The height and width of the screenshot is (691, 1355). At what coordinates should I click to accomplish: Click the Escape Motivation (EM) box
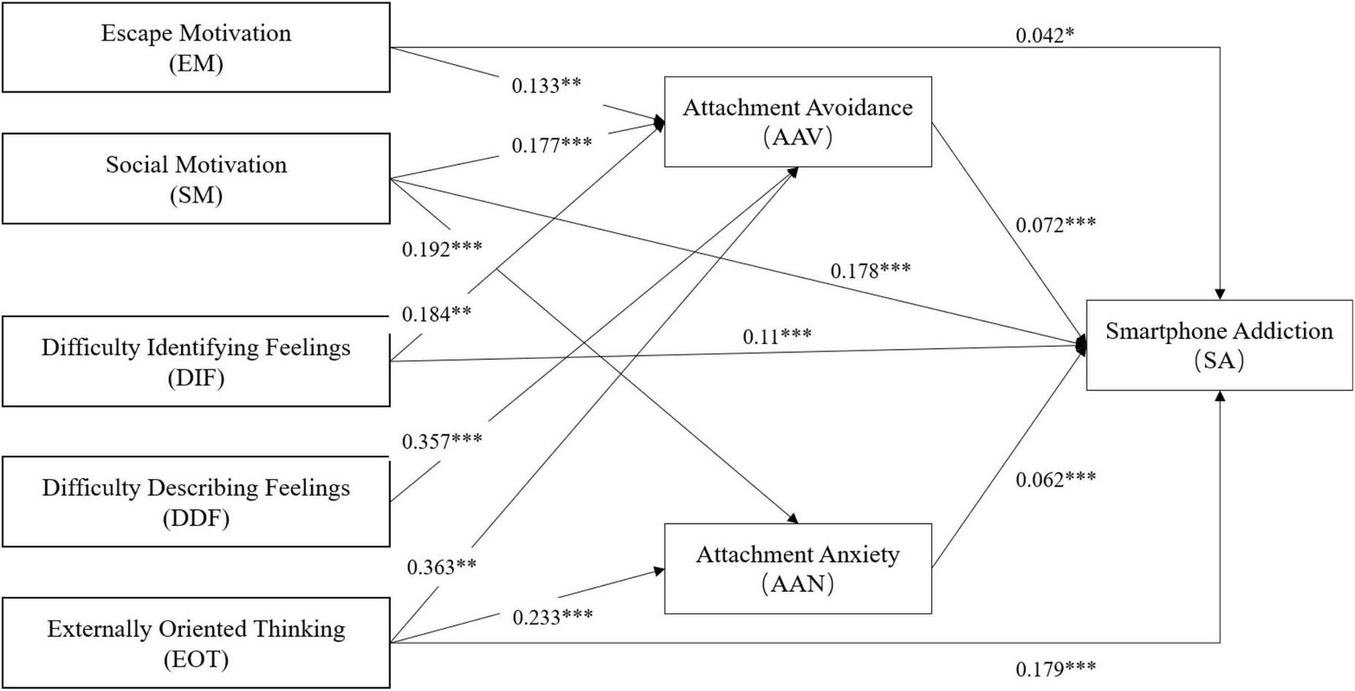point(196,47)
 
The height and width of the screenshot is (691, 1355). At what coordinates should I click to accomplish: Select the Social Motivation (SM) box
point(196,179)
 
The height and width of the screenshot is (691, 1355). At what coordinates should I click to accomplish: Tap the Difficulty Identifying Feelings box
point(196,362)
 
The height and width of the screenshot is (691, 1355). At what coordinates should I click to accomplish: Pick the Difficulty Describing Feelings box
point(196,502)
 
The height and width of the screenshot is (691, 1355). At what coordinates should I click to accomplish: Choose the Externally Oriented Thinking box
point(196,643)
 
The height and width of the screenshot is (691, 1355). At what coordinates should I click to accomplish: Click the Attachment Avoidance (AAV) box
point(798,122)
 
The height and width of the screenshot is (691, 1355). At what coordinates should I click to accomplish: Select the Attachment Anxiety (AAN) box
point(798,569)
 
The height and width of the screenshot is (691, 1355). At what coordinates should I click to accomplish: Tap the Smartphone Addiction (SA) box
point(1219,345)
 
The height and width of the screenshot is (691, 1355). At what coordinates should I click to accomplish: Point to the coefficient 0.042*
point(1045,35)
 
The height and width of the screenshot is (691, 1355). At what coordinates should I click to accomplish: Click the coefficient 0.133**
point(546,85)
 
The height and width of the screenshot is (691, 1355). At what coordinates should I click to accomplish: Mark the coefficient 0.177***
point(551,144)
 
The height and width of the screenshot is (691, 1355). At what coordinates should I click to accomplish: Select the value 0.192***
point(442,248)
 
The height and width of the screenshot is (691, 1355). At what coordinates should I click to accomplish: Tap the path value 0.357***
point(442,441)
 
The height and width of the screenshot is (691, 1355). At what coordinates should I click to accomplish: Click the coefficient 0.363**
point(441,567)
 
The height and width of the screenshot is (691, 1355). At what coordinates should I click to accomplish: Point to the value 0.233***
point(552,617)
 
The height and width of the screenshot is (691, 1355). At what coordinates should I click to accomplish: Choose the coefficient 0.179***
point(1055,669)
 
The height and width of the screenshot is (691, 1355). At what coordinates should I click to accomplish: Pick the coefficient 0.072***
point(1055,225)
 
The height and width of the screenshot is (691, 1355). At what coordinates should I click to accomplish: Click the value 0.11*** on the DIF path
point(777,336)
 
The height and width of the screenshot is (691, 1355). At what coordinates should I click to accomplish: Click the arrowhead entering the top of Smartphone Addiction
point(1220,294)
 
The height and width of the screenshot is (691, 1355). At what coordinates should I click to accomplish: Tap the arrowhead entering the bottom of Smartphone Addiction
point(1220,396)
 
